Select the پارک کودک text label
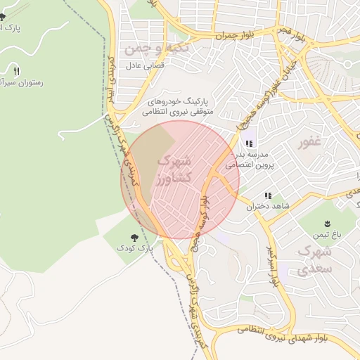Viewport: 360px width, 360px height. (135, 250)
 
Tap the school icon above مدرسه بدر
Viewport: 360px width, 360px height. (248, 143)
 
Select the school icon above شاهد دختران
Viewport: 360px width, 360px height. (267, 196)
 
